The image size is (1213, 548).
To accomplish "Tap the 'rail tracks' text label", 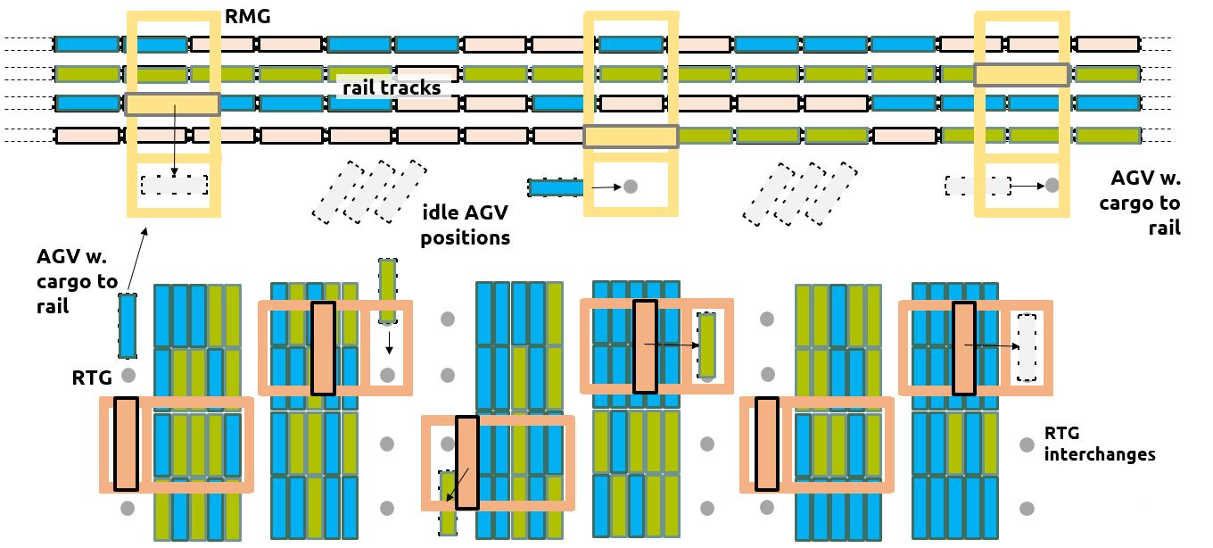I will (392, 87).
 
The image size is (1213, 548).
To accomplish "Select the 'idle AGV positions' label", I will (465, 225).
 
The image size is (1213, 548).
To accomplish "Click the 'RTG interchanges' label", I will (1099, 444).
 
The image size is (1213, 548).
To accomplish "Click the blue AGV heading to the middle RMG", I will (556, 187).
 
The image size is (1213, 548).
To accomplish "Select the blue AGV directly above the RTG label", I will (128, 326).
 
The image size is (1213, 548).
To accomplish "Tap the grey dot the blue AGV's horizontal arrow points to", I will (631, 187).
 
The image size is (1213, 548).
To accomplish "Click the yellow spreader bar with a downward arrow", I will (172, 104).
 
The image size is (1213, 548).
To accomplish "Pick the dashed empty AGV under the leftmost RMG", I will (175, 185).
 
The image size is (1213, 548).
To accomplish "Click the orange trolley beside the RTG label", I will (127, 444).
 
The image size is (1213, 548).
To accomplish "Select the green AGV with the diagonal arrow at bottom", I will (447, 502).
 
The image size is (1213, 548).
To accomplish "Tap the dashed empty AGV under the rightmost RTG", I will (1027, 347).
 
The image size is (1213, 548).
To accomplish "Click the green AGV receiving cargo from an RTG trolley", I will (706, 345).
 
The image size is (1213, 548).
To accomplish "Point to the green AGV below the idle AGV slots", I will (387, 290).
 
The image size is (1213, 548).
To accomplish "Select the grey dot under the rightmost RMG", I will (1052, 186).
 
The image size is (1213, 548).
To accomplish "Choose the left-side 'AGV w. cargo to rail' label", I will (77, 281).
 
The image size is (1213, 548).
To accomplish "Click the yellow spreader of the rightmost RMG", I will (1020, 74).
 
